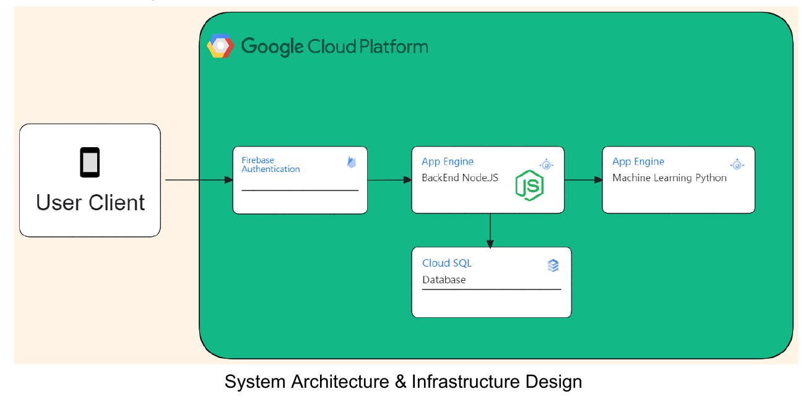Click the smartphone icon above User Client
[x=90, y=162]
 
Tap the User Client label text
[x=90, y=203]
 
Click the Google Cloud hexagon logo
[x=220, y=46]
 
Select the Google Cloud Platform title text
[x=334, y=46]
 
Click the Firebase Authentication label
[x=271, y=165]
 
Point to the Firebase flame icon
[x=352, y=163]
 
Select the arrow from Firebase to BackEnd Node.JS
[x=389, y=180]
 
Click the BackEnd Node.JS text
[x=460, y=178]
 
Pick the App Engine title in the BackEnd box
[x=448, y=161]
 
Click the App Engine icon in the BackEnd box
[x=545, y=165]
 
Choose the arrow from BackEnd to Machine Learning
[x=583, y=180]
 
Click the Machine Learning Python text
[x=669, y=178]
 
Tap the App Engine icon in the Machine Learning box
[x=736, y=165]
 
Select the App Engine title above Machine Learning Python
[x=638, y=161]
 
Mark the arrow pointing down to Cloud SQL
[x=490, y=230]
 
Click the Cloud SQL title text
[x=447, y=263]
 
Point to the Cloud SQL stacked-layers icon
[x=553, y=265]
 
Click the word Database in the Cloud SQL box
[x=444, y=280]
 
